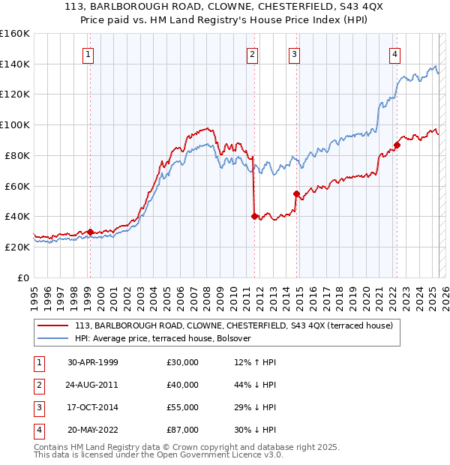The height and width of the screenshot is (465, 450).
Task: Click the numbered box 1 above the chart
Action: pyautogui.click(x=88, y=54)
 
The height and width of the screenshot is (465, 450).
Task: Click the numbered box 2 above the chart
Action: pyautogui.click(x=253, y=54)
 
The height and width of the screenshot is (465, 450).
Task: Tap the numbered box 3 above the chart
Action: pyautogui.click(x=295, y=54)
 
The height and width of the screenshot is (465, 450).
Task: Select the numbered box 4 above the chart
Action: pyautogui.click(x=394, y=54)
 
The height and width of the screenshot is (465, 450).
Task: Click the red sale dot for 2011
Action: pyautogui.click(x=254, y=216)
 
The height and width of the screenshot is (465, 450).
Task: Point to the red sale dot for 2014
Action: pyautogui.click(x=296, y=193)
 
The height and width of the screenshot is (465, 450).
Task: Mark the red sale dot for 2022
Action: pyautogui.click(x=397, y=145)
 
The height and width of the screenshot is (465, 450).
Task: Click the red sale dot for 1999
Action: pyautogui.click(x=90, y=232)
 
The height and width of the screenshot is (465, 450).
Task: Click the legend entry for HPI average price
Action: pyautogui.click(x=166, y=338)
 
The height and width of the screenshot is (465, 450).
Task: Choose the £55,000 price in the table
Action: pyautogui.click(x=182, y=407)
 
